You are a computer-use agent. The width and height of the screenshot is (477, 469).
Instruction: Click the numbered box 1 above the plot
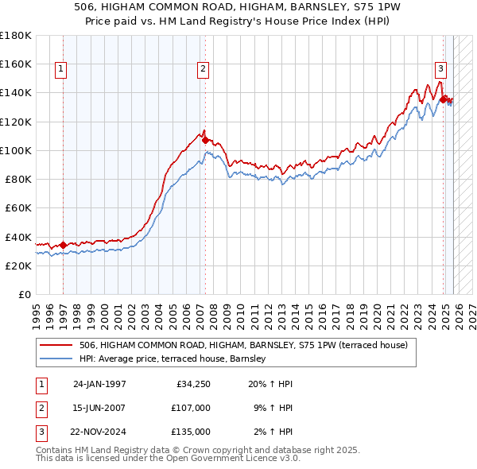[x=61, y=70]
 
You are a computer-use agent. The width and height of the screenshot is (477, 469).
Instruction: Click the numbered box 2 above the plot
[x=204, y=70]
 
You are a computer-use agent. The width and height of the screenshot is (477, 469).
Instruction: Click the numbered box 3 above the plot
[x=440, y=70]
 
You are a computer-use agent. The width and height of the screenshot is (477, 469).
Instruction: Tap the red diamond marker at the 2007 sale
[x=205, y=140]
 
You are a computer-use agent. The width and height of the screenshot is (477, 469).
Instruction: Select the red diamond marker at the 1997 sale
[x=63, y=245]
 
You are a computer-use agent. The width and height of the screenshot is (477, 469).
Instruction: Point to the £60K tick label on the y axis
[x=17, y=207]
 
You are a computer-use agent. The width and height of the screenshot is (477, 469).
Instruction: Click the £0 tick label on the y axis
[x=24, y=294]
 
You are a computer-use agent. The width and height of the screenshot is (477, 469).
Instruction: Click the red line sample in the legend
[x=56, y=345]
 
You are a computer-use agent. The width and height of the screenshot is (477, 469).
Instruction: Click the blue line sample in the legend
[x=56, y=359]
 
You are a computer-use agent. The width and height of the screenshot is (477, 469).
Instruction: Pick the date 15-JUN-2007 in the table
[x=99, y=408]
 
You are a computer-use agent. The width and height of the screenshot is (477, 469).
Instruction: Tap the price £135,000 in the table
[x=191, y=432]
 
